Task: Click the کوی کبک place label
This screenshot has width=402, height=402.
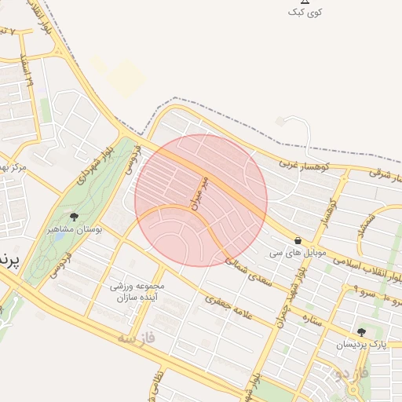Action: (305, 12)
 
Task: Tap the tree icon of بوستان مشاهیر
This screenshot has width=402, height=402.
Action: (75, 217)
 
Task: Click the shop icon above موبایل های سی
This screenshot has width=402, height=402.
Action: (298, 240)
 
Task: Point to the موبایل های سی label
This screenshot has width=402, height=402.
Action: (297, 253)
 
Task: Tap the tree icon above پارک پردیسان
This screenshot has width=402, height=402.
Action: (360, 332)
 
